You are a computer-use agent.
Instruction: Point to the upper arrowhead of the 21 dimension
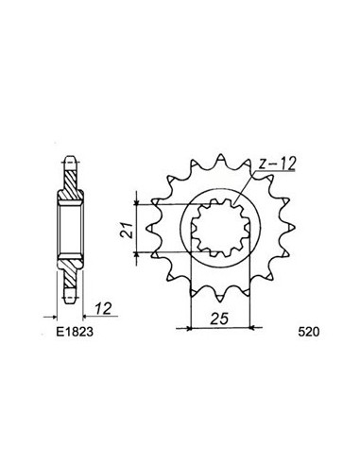click(141, 201)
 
